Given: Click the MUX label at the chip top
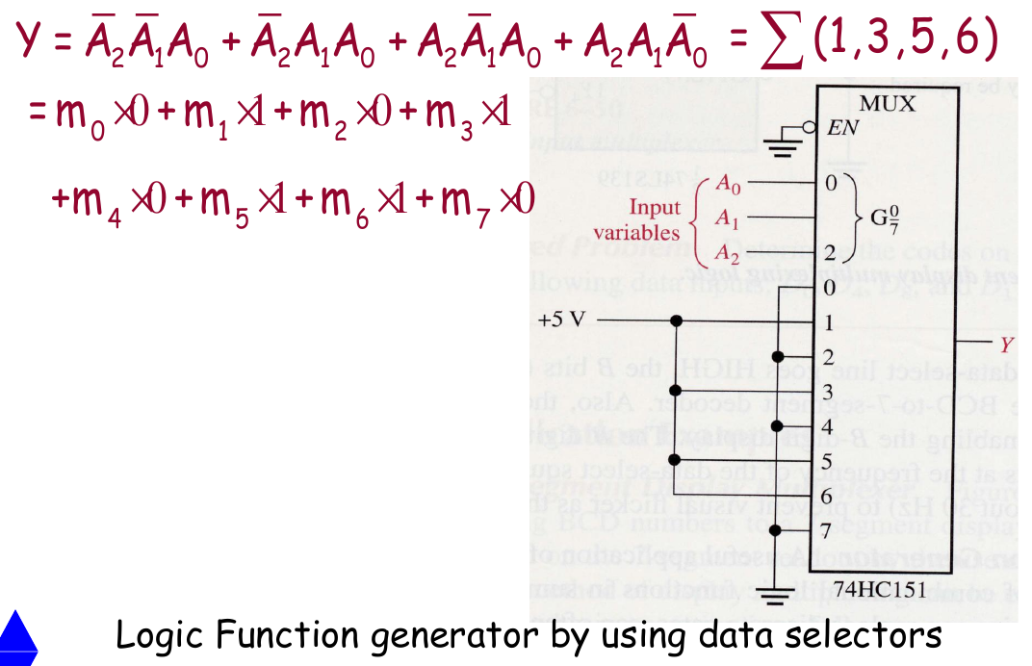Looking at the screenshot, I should (888, 104).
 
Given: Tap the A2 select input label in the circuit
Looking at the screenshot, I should (728, 254).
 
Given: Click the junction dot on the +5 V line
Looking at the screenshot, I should (678, 320).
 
